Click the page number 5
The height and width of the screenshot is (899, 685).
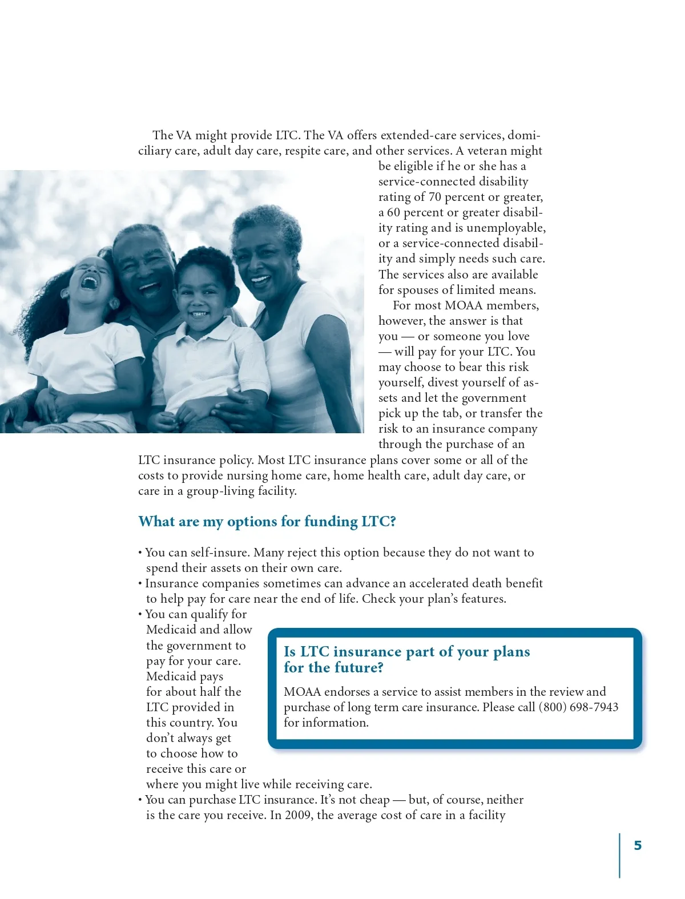pyautogui.click(x=638, y=845)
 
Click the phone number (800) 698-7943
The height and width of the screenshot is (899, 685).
pyautogui.click(x=578, y=707)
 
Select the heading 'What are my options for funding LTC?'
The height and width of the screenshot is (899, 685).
pyautogui.click(x=267, y=522)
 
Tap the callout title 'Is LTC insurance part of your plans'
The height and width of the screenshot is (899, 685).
pyautogui.click(x=406, y=652)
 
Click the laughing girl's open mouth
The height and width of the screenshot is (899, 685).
pyautogui.click(x=90, y=281)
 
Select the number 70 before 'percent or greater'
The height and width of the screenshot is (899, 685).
pyautogui.click(x=434, y=197)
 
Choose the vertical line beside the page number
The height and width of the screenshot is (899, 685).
pyautogui.click(x=619, y=854)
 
